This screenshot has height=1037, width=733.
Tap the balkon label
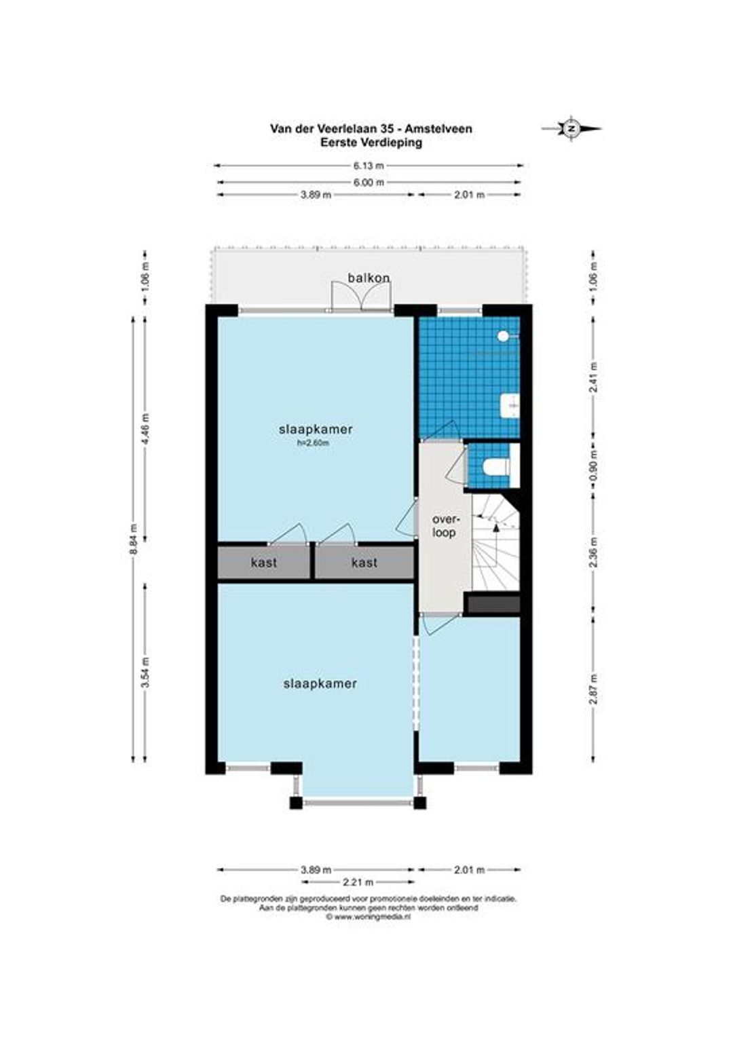(369, 278)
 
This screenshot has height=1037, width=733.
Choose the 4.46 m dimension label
(147, 428)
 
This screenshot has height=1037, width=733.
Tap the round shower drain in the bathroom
(503, 337)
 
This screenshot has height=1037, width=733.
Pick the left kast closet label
(263, 563)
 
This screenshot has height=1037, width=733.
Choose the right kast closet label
(364, 563)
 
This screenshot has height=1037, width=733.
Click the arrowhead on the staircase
(496, 527)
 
